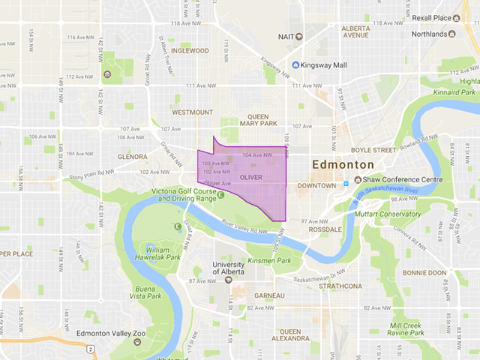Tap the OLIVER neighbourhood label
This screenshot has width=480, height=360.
coord(250,177)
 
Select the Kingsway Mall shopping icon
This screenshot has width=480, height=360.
coord(295,65)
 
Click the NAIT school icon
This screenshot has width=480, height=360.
coord(298,36)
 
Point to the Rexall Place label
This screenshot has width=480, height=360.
coord(434,19)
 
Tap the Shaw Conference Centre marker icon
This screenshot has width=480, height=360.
coord(346,180)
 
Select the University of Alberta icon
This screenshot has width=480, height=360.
coord(228,279)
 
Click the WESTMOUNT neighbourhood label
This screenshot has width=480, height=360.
coord(192,112)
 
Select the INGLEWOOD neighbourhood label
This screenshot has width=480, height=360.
coord(190,51)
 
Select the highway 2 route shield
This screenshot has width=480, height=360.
coord(89,349)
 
